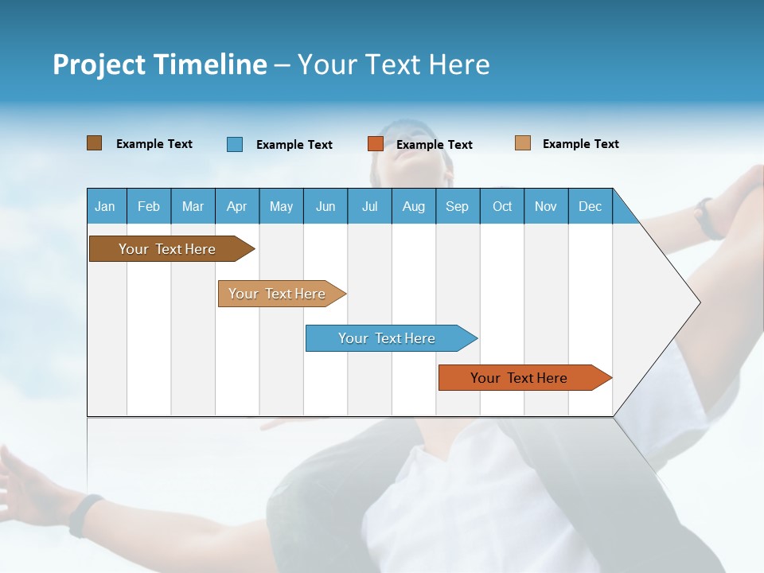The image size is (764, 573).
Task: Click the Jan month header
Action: (x=106, y=206)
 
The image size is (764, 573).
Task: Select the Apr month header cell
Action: (x=237, y=206)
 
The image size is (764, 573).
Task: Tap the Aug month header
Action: (x=414, y=206)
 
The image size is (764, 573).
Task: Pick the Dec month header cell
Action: (x=591, y=206)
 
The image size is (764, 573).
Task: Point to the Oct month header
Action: (x=502, y=206)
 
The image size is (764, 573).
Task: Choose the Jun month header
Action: (x=325, y=206)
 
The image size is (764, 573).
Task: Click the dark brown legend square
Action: (x=95, y=143)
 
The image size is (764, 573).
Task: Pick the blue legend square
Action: (x=235, y=144)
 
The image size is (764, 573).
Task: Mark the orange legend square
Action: (x=376, y=144)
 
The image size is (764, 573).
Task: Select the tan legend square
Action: (x=523, y=143)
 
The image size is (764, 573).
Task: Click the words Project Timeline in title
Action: (x=159, y=64)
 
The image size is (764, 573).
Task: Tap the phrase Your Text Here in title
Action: (x=393, y=64)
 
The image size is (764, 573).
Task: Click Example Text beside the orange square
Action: (x=435, y=145)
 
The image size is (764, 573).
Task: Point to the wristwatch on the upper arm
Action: (x=707, y=220)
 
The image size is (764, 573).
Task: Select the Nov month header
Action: (x=546, y=206)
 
